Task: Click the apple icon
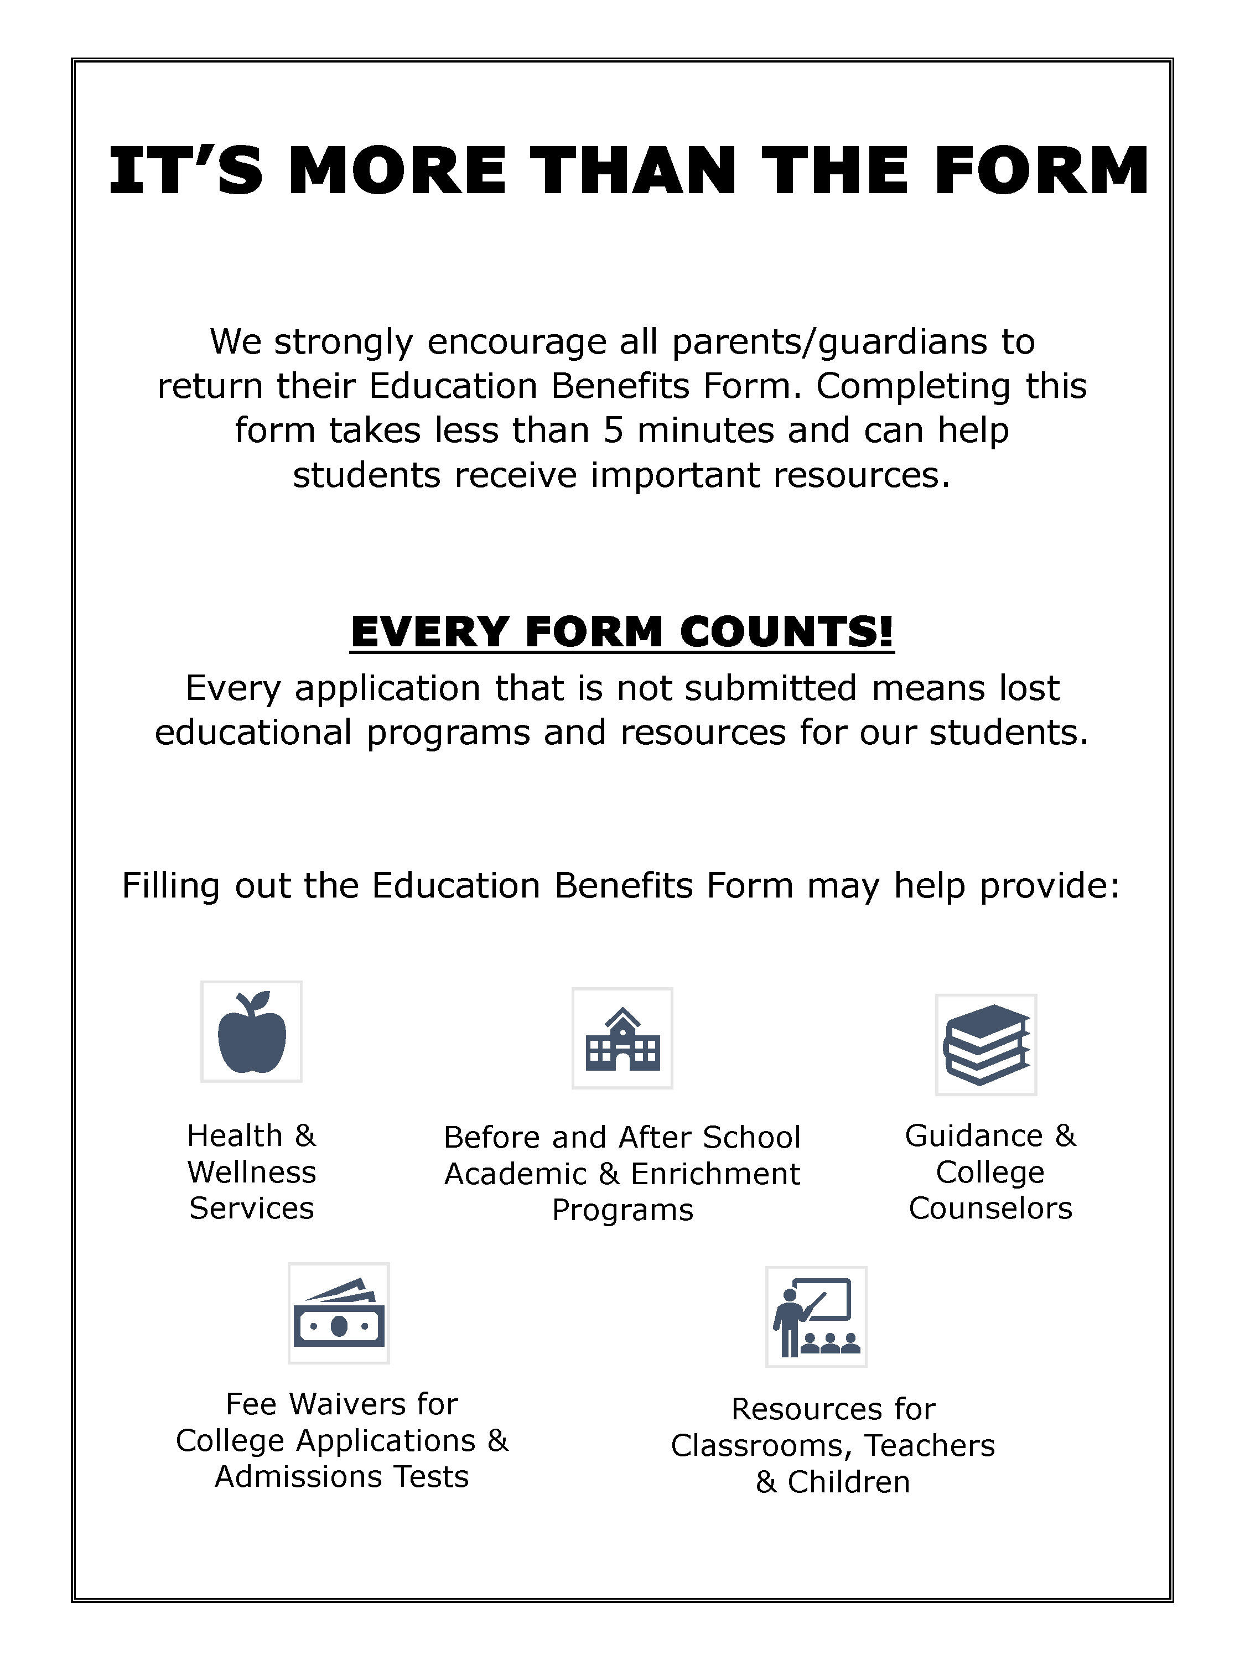[251, 1032]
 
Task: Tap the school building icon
[622, 1039]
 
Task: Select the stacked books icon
[986, 1045]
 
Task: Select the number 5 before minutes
[613, 430]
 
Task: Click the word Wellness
[251, 1172]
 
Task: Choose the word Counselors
[990, 1208]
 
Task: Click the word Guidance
[973, 1135]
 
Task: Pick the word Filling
[170, 886]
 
